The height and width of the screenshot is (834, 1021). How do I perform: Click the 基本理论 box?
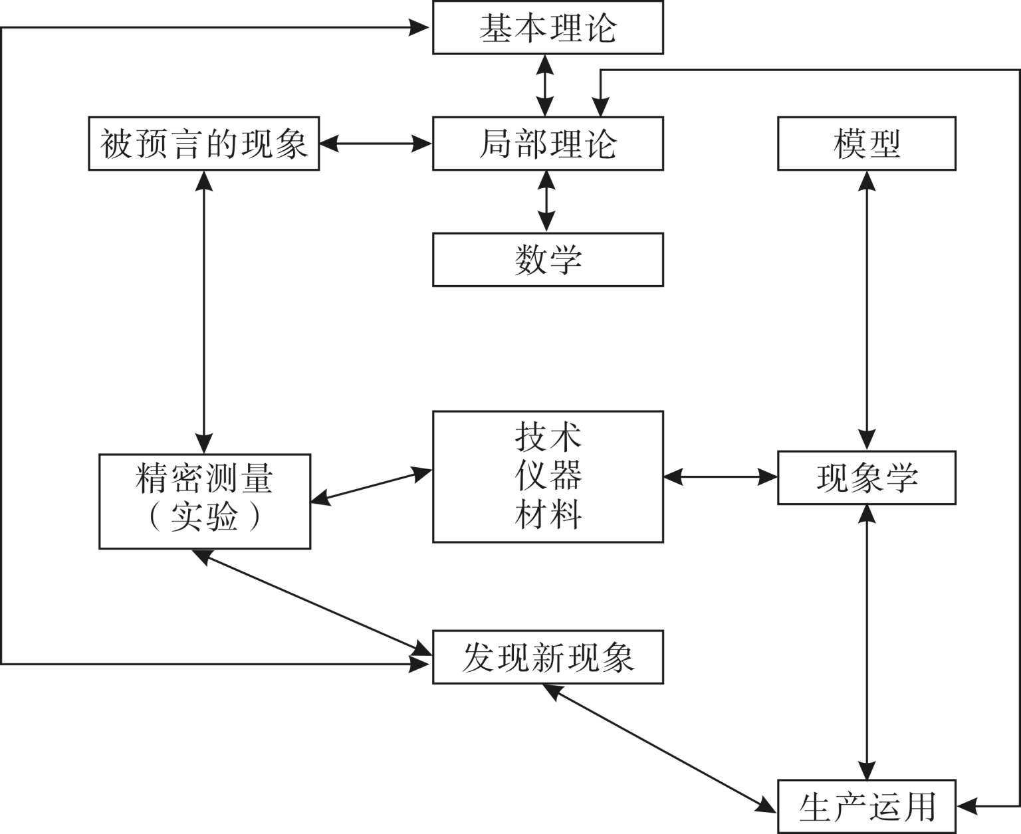coord(548,28)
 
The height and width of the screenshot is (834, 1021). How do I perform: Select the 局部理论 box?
coord(548,144)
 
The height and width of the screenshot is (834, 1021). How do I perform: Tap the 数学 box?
coord(548,259)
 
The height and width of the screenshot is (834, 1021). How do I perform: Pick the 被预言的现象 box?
coord(204,144)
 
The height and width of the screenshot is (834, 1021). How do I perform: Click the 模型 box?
coord(867,144)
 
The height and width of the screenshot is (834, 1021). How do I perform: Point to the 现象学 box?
coord(867,478)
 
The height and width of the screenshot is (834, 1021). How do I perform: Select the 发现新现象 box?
coord(548,657)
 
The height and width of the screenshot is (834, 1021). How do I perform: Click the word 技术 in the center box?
coord(548,437)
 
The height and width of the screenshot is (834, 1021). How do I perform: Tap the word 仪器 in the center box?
coord(548,475)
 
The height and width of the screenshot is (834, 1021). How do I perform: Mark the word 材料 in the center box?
coord(548,514)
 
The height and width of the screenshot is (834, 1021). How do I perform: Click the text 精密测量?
coord(204,478)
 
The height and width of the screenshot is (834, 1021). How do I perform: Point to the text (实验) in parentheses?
coord(204,516)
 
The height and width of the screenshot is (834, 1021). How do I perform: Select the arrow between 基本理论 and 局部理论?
coord(546,85)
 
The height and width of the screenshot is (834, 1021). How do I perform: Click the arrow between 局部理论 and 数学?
coord(546,201)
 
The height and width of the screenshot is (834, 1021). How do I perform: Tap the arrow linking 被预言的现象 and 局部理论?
coord(376,144)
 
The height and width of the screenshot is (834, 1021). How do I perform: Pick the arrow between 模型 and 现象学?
coord(867,310)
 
